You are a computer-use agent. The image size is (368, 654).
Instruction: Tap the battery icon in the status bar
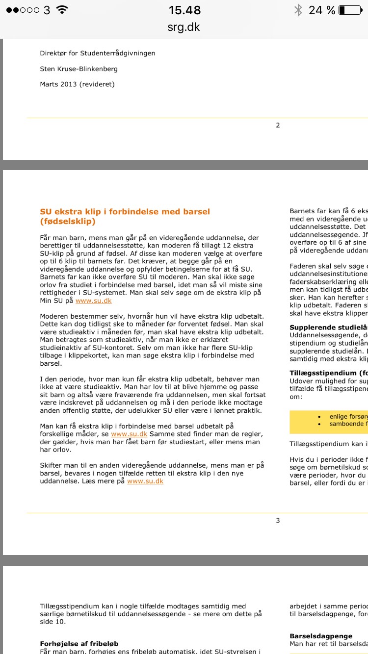tap(350, 10)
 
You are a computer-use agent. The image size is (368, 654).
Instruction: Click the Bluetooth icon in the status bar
tap(297, 10)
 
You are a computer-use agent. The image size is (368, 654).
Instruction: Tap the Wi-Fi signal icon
tap(62, 10)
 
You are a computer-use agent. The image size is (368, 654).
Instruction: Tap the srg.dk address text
tap(184, 26)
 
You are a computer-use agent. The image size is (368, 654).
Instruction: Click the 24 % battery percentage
tap(322, 10)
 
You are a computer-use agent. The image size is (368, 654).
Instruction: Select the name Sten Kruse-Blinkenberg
tap(79, 69)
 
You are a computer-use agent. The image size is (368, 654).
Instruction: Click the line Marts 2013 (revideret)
tap(77, 84)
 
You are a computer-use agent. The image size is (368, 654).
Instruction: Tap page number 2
tap(278, 125)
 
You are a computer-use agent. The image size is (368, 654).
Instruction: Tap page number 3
tap(278, 520)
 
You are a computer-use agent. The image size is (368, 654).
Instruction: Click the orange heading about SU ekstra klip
tap(125, 216)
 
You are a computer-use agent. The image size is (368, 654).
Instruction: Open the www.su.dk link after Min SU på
tap(94, 301)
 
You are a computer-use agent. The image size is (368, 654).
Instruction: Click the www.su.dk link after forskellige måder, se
tap(129, 434)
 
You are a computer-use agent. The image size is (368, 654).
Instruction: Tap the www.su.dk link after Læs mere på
tap(145, 481)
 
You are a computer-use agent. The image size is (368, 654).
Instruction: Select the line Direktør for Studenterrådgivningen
tap(98, 53)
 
